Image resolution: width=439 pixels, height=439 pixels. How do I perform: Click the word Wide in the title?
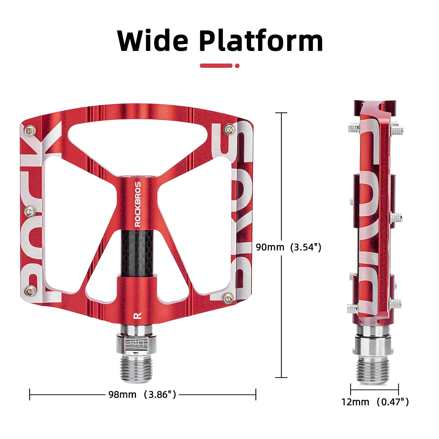(153, 41)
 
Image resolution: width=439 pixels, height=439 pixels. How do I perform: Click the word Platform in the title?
(261, 41)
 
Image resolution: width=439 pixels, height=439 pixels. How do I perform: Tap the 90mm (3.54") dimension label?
(288, 247)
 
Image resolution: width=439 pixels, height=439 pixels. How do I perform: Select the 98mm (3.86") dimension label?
(142, 394)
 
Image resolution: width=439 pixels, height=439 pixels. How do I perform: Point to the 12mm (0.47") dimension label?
(375, 402)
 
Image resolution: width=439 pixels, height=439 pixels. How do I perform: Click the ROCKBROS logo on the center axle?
(138, 204)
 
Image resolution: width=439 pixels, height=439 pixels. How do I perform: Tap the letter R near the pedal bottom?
(138, 315)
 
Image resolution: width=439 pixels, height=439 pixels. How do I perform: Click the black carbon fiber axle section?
(138, 253)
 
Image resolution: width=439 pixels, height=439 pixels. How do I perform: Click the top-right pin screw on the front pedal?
(230, 130)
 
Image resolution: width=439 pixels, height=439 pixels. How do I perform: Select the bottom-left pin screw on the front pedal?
(29, 290)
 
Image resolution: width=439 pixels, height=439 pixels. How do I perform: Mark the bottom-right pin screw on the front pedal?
(229, 299)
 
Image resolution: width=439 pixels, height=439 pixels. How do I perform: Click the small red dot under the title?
(237, 66)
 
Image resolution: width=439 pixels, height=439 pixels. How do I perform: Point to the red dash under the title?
(216, 66)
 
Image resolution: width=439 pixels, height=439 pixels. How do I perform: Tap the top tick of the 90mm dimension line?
(281, 113)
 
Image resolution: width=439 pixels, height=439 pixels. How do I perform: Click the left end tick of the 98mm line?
(30, 394)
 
